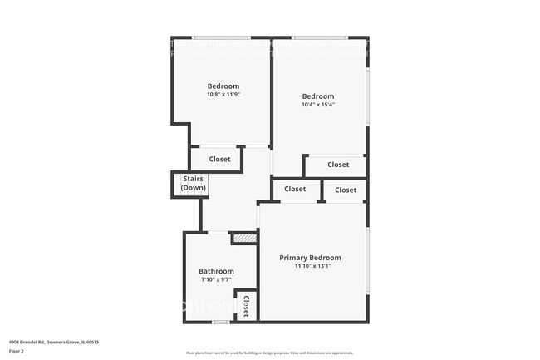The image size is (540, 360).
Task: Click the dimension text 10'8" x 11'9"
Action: pos(223,95)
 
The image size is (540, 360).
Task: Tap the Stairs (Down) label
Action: pos(194,184)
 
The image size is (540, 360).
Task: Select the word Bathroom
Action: pos(216,271)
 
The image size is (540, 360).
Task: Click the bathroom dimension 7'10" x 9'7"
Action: pos(216,280)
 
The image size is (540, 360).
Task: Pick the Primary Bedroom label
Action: pos(310,258)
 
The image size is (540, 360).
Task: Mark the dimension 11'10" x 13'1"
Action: pos(310,267)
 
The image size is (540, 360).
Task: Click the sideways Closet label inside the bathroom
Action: pos(246,305)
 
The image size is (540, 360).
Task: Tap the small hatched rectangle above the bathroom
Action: pos(243,239)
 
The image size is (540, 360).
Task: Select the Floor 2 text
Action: pos(17,352)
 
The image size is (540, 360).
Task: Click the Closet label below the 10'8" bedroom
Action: pos(220,159)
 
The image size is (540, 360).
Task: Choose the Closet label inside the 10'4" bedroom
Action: pos(338,165)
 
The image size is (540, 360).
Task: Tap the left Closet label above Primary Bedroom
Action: pos(295,190)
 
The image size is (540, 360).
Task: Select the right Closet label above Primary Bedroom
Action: pos(346,190)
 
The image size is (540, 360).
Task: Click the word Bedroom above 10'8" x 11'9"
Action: pos(223,86)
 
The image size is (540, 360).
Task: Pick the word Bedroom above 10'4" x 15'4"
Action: pos(318,96)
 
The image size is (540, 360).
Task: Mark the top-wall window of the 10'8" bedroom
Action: pos(222,37)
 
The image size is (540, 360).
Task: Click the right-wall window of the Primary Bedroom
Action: pos(367,260)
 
